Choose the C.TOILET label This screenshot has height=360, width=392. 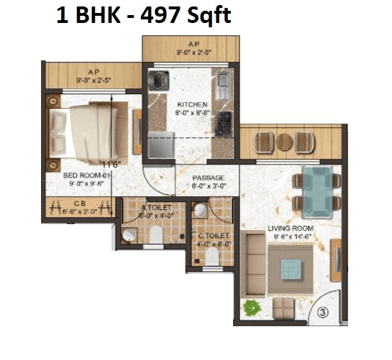(x=214, y=236)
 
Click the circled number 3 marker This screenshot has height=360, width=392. (x=323, y=313)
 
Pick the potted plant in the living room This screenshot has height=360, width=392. (x=252, y=307)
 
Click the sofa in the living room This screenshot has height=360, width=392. (x=254, y=262)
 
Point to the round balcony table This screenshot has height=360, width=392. (x=286, y=141)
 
